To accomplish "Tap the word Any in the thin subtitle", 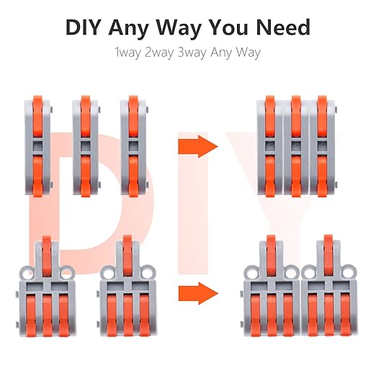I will (225, 53).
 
